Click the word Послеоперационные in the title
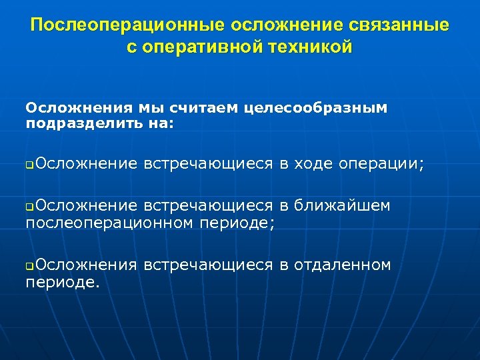pos(127,25)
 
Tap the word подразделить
pos(81,123)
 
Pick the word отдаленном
pos(344,265)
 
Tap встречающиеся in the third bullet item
pos(208,265)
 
